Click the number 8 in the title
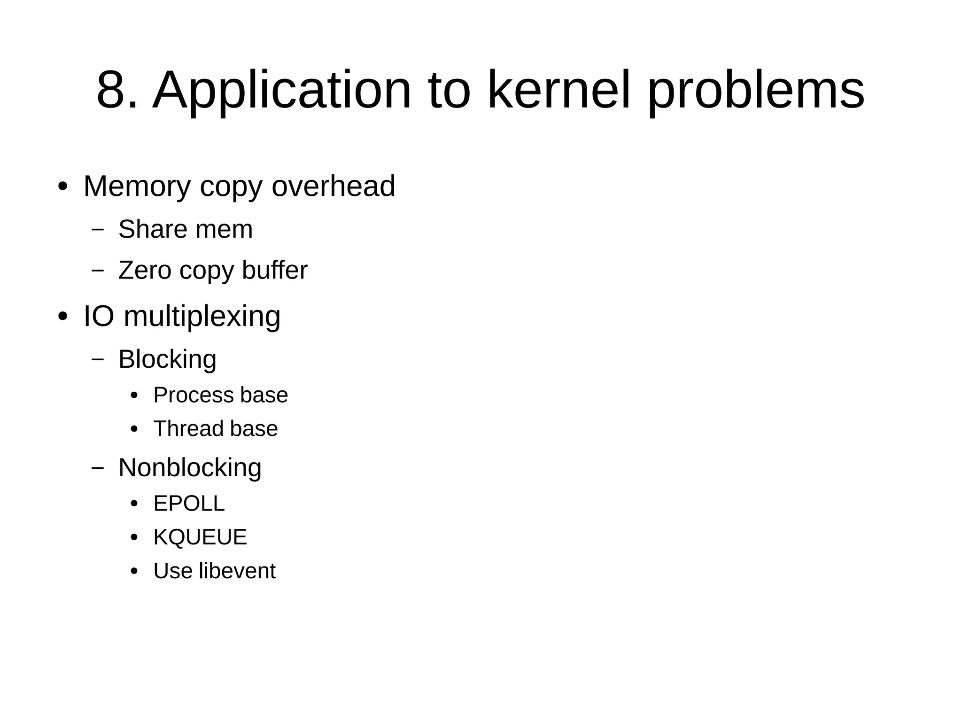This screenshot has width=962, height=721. (x=112, y=90)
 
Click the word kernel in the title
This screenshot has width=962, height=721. (x=559, y=90)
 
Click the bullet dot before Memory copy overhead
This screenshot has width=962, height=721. (x=62, y=187)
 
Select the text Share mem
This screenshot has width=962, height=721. (x=186, y=229)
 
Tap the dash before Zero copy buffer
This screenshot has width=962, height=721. (x=98, y=271)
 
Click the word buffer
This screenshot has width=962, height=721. (x=275, y=270)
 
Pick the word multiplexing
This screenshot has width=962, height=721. (x=202, y=317)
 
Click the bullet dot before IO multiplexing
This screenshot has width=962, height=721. (x=62, y=317)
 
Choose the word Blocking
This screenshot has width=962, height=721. (x=167, y=360)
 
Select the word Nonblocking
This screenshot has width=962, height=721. (x=190, y=468)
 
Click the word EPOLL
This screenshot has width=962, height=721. (x=189, y=504)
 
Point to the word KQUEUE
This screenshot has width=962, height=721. (x=200, y=537)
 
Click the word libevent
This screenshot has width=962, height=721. (x=237, y=571)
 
